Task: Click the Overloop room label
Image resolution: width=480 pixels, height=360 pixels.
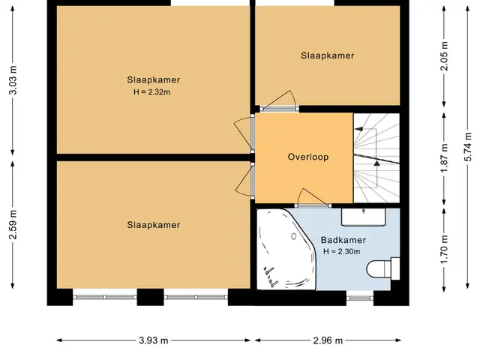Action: click(x=308, y=157)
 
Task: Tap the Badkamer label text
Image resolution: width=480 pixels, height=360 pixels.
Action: click(x=343, y=240)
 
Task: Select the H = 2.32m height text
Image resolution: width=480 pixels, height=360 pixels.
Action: click(x=151, y=91)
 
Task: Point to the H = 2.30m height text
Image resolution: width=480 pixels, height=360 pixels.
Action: click(x=342, y=252)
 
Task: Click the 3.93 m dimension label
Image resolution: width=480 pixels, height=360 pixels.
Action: click(x=153, y=340)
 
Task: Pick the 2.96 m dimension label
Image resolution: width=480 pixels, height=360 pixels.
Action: click(x=328, y=340)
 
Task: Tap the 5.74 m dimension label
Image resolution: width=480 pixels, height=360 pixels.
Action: click(x=468, y=147)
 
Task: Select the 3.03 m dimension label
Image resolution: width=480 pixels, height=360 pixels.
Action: click(x=13, y=80)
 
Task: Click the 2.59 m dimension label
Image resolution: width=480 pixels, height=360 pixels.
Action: click(x=13, y=225)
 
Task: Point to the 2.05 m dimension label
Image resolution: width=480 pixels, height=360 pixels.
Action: click(x=444, y=56)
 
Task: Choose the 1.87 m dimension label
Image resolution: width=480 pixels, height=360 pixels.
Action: click(x=444, y=157)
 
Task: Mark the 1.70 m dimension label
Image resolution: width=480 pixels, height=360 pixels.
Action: click(x=444, y=248)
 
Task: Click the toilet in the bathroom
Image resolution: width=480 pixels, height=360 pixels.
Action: click(x=383, y=268)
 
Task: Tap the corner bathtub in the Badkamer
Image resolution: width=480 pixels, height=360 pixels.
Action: click(x=286, y=250)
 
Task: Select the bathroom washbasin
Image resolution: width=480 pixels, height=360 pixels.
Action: click(x=363, y=217)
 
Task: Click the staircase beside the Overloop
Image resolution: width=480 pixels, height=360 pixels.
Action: click(x=376, y=157)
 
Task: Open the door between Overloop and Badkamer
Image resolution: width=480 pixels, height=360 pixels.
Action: click(x=313, y=199)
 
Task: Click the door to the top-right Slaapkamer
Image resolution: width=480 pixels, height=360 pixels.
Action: click(x=279, y=101)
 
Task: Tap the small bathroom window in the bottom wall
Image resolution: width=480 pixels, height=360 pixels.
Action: click(x=360, y=298)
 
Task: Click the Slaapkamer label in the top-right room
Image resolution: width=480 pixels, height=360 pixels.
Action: click(x=327, y=55)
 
